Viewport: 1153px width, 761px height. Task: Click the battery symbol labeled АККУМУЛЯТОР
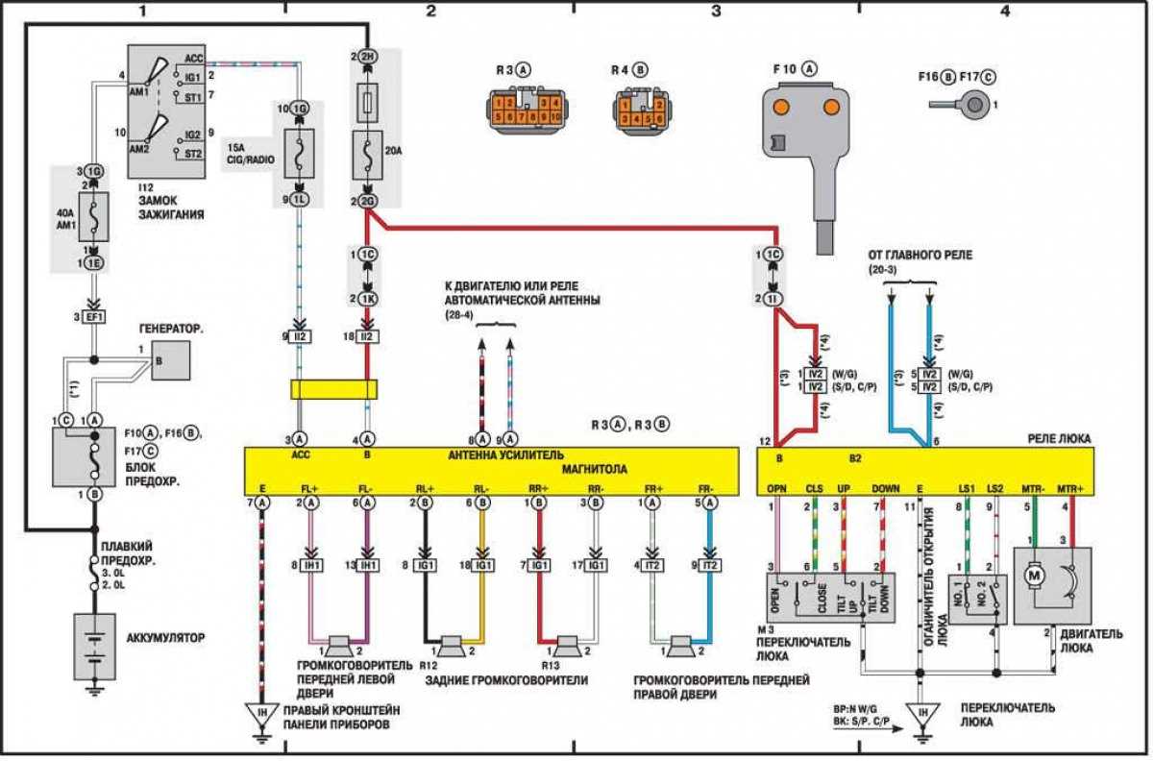click(94, 647)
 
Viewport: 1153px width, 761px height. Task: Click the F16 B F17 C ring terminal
click(970, 104)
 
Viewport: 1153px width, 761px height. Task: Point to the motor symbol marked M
click(1036, 575)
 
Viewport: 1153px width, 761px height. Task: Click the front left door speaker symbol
click(337, 643)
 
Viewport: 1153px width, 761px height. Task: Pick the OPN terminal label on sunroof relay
click(777, 489)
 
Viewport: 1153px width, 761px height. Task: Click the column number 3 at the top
click(717, 12)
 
